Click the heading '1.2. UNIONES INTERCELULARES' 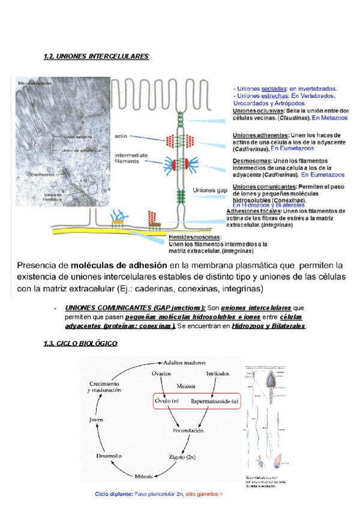coord(96,56)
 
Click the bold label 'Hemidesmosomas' coord(195,237)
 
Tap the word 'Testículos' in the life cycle coord(218,373)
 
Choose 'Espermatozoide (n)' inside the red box coord(215,400)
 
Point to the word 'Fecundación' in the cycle coord(188,430)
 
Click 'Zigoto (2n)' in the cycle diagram coord(182,457)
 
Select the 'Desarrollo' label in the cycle coord(111,456)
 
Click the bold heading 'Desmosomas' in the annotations coord(252,161)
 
